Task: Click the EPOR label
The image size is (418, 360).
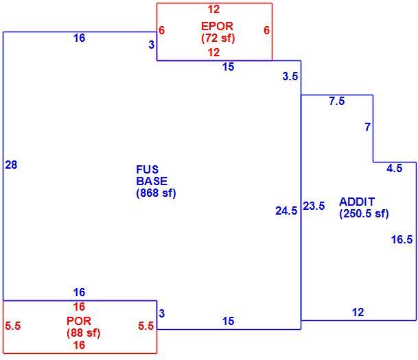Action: point(217,26)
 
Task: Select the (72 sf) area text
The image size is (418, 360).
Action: point(218,38)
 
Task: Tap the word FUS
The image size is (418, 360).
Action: point(147,169)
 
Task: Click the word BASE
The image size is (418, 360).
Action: point(152,181)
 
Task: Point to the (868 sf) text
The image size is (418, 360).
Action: point(156,193)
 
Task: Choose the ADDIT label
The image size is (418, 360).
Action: point(357,202)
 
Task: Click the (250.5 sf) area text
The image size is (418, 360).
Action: point(364,213)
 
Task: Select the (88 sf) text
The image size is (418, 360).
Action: point(84,333)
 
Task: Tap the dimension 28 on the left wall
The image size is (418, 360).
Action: point(11,165)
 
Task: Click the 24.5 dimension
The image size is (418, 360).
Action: point(286,211)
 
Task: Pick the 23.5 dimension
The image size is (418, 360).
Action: point(314,206)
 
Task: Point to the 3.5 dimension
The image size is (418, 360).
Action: point(290,76)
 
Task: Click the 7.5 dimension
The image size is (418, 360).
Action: point(337,101)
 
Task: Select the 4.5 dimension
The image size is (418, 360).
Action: point(395,168)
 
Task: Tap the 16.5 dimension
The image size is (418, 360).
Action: point(402,239)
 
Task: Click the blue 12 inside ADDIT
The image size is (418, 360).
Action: point(358,312)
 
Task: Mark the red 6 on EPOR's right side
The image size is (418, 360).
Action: point(266,30)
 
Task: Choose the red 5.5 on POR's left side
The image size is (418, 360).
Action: point(13,326)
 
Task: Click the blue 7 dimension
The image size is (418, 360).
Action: point(368,127)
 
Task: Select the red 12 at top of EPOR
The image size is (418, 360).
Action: point(213,10)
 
